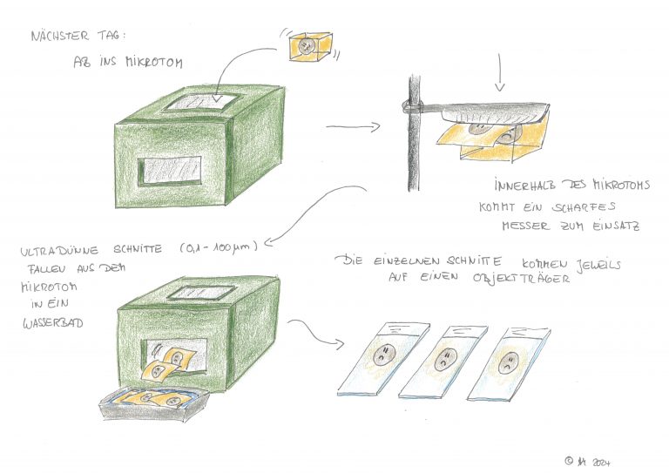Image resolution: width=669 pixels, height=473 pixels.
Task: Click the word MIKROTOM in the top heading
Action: pyautogui.click(x=154, y=62)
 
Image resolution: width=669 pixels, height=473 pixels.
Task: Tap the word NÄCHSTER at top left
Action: pyautogui.click(x=60, y=36)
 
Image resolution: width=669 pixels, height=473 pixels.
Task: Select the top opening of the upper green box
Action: pyautogui.click(x=201, y=103)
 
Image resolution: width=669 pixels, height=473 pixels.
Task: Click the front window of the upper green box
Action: pyautogui.click(x=170, y=171)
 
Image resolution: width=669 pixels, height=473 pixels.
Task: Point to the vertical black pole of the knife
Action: pyautogui.click(x=414, y=133)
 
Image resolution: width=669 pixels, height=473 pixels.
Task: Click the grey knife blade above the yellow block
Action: pyautogui.click(x=495, y=111)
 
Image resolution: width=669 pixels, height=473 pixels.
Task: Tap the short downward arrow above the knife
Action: pyautogui.click(x=500, y=72)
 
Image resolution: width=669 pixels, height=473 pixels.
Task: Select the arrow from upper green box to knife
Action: pyautogui.click(x=353, y=126)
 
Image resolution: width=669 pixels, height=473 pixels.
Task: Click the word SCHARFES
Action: pyautogui.click(x=584, y=207)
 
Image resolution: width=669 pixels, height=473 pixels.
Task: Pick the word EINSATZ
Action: pyautogui.click(x=616, y=226)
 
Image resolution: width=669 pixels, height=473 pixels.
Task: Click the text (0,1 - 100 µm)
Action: pyautogui.click(x=219, y=247)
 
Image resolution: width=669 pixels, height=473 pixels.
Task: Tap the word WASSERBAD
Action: pyautogui.click(x=53, y=323)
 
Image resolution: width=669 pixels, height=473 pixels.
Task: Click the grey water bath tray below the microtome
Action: pyautogui.click(x=154, y=406)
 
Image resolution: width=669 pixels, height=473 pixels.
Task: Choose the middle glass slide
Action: pyautogui.click(x=443, y=362)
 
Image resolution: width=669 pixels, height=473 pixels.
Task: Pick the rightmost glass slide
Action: pyautogui.click(x=509, y=364)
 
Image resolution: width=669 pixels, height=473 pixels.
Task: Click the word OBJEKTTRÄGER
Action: pyautogui.click(x=521, y=279)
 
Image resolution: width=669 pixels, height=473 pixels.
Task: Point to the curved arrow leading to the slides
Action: pyautogui.click(x=315, y=333)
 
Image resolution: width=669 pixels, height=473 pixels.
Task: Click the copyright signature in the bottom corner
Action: pyautogui.click(x=587, y=462)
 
